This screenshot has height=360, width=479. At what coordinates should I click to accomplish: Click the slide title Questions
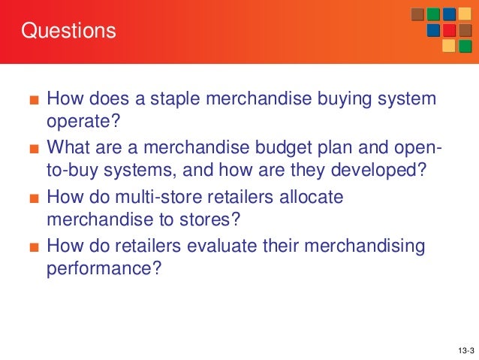click(x=68, y=32)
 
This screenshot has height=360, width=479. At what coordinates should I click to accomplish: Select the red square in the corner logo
click(x=449, y=30)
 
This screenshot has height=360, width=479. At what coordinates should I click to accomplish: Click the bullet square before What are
click(x=32, y=148)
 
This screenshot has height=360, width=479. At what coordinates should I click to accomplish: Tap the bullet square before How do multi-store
click(x=32, y=196)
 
